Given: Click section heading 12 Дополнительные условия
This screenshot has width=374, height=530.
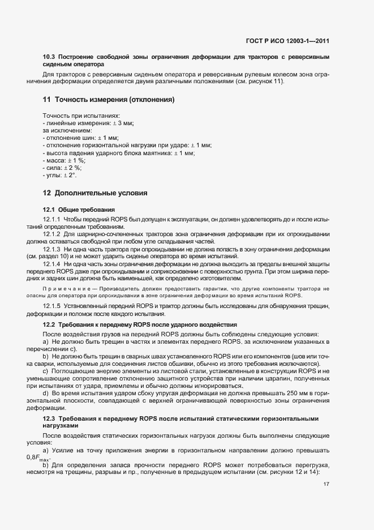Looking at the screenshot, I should point(95,193).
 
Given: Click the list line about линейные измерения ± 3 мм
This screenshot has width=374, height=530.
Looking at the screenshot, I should point(88,123).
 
